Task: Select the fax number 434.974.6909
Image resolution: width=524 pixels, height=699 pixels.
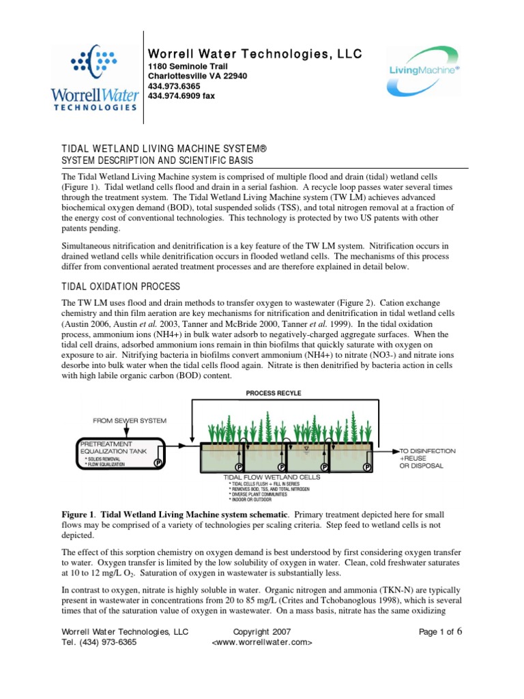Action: click(x=181, y=96)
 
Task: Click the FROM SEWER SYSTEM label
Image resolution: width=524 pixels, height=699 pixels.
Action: click(x=130, y=421)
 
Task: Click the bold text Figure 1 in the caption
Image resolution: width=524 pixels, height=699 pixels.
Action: click(x=76, y=513)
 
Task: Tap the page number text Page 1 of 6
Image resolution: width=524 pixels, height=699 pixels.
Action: click(x=441, y=632)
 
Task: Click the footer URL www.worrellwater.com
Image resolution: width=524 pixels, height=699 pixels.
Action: click(x=262, y=643)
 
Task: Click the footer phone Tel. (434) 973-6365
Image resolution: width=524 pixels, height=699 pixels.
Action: click(x=99, y=643)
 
